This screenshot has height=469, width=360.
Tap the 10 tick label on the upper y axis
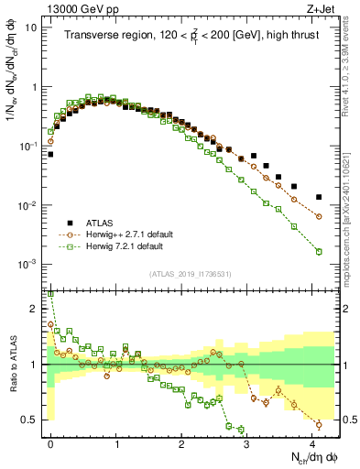click(x=31, y=27)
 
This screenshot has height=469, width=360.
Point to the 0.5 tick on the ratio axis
click(x=29, y=420)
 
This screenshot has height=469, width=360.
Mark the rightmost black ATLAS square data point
click(x=319, y=197)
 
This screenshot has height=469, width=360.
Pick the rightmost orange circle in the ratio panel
click(x=319, y=424)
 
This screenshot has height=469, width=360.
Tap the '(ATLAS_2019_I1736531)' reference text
click(x=191, y=275)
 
